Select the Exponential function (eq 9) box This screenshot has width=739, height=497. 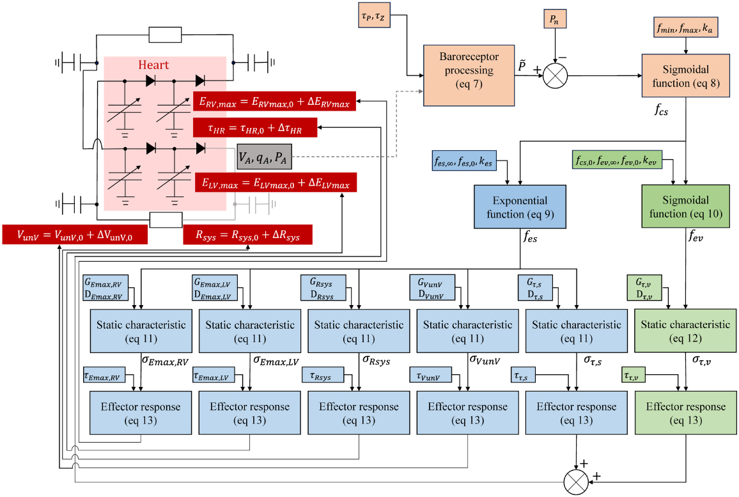pyautogui.click(x=519, y=206)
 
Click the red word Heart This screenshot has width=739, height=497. pyautogui.click(x=153, y=65)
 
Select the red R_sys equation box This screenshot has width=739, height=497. pyautogui.click(x=247, y=235)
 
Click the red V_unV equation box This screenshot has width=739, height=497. pyautogui.click(x=74, y=235)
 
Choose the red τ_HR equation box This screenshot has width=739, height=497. pyautogui.click(x=255, y=128)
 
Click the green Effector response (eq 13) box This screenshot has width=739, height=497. pyautogui.click(x=686, y=413)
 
